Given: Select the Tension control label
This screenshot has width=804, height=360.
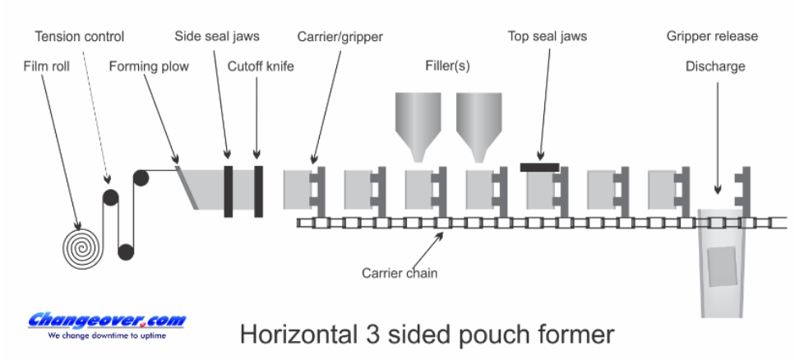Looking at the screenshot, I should tap(79, 37).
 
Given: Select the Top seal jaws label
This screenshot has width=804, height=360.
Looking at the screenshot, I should tap(548, 37).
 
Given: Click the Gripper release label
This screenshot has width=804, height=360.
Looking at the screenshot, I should tap(713, 37).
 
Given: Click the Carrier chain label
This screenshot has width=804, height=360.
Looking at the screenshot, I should tap(400, 273).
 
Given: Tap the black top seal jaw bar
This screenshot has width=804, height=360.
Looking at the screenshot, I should tap(540, 167).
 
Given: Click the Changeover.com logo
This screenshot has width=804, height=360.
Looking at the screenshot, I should tap(107, 320).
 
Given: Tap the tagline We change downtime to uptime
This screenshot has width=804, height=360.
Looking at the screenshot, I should tap(107, 336).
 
